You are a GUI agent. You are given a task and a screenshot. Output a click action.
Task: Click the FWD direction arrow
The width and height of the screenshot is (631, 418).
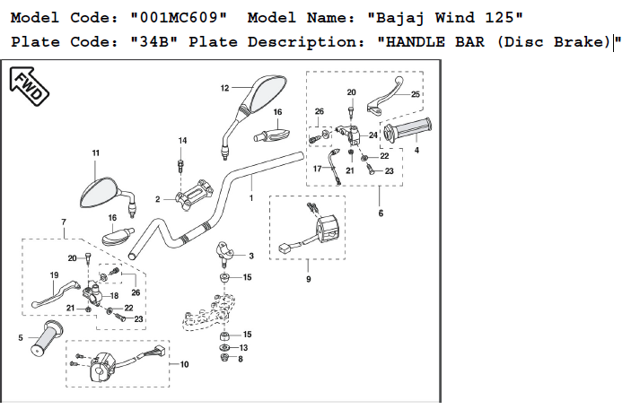tap(29, 86)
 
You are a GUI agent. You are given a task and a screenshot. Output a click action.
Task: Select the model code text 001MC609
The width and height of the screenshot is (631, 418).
tap(179, 18)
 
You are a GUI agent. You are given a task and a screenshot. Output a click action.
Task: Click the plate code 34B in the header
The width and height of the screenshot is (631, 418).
tap(153, 42)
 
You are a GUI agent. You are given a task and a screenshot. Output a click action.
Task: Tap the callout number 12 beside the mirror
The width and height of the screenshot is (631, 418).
tap(224, 88)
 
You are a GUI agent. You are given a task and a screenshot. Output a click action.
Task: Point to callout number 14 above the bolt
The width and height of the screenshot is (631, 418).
tap(183, 141)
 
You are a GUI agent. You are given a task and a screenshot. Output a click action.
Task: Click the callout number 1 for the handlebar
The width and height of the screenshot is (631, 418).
tap(251, 198)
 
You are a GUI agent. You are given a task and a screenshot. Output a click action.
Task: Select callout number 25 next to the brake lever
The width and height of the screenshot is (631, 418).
tap(416, 94)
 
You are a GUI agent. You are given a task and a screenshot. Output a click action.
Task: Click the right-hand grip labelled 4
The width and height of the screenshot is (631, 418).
tap(407, 130)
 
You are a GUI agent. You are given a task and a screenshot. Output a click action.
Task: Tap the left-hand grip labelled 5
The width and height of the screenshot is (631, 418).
tap(47, 339)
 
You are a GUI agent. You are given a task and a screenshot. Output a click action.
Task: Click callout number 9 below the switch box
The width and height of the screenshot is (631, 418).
tap(308, 279)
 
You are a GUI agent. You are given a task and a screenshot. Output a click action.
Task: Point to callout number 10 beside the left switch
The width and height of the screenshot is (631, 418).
tap(184, 364)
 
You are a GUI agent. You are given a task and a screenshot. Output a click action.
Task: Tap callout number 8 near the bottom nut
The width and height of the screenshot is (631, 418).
tap(241, 359)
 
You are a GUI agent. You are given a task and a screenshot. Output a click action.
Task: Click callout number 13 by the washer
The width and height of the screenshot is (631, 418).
tap(243, 348)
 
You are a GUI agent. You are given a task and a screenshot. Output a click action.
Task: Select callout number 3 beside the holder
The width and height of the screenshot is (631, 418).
tap(251, 256)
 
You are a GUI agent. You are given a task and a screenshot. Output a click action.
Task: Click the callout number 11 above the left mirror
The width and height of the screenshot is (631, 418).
tap(96, 152)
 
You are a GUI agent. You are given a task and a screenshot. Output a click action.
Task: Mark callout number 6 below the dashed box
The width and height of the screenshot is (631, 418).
tap(381, 213)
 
